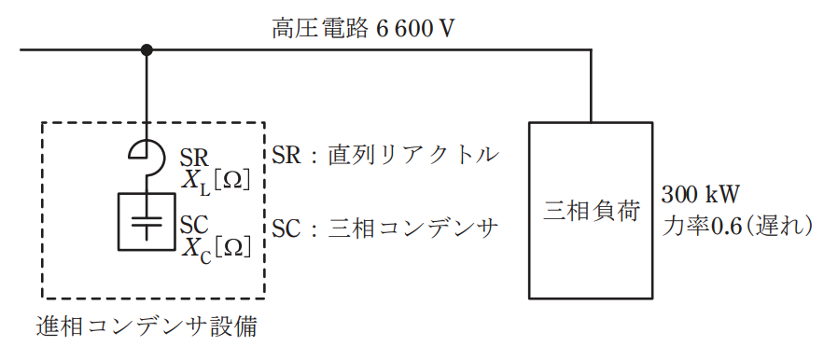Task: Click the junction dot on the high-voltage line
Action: click(147, 50)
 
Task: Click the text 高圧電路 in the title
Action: click(320, 29)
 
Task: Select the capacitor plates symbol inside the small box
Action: click(146, 222)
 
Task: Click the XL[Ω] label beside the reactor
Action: click(216, 182)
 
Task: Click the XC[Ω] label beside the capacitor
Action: click(216, 248)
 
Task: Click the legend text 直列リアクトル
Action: click(413, 156)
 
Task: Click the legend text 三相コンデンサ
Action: click(413, 228)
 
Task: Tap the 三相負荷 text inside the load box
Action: click(591, 211)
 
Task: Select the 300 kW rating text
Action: click(700, 195)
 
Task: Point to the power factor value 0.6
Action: click(726, 227)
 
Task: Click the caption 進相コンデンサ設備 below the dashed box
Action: click(147, 326)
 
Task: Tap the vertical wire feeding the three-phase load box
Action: click(591, 86)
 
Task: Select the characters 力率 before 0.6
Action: click(686, 227)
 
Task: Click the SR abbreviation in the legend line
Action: click(287, 156)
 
